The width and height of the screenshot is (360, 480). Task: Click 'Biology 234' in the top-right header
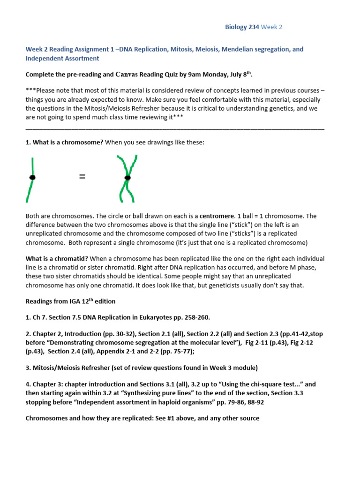[242, 27]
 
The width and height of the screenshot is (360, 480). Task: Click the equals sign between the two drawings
[82, 177]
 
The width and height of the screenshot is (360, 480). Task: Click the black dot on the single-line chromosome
[32, 178]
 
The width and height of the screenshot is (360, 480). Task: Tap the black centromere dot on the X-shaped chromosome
[127, 178]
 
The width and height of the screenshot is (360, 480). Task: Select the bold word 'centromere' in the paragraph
[217, 216]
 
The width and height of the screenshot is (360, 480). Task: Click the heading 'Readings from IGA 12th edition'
[70, 301]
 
